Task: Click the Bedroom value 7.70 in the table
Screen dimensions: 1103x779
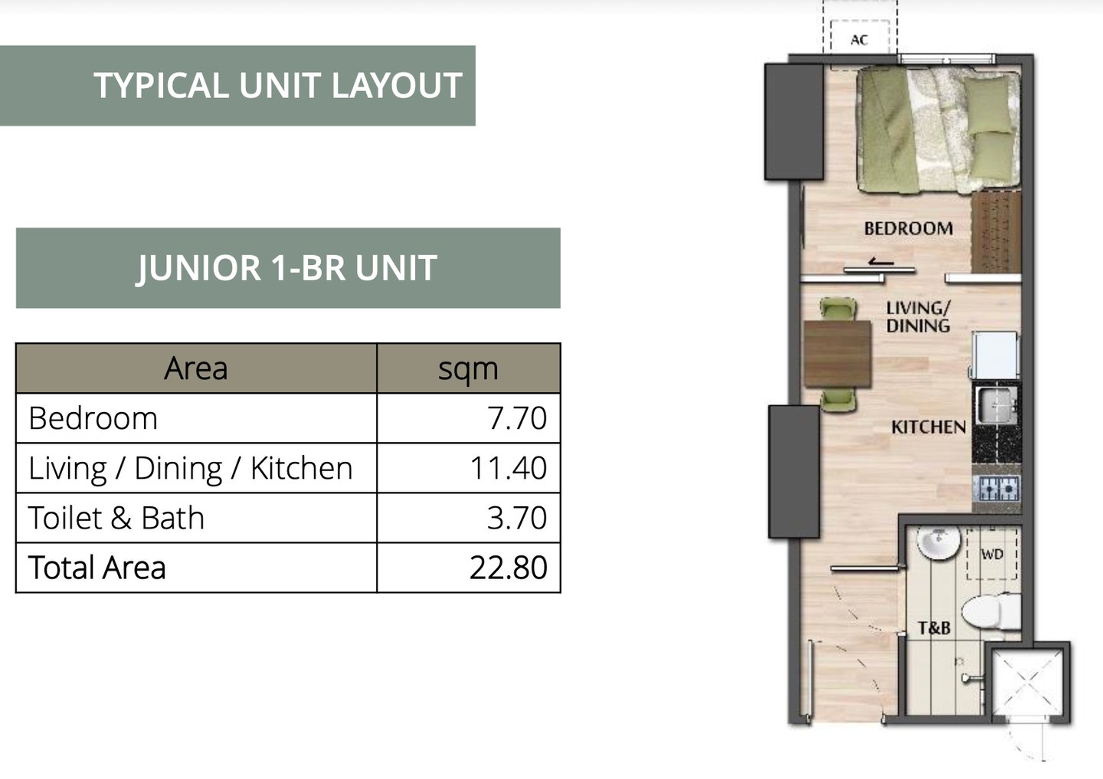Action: click(x=517, y=418)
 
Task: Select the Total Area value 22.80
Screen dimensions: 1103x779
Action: click(x=508, y=568)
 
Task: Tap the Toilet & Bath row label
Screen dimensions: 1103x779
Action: click(x=116, y=518)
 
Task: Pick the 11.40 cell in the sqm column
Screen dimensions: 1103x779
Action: click(x=508, y=468)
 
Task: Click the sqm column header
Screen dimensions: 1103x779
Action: click(x=468, y=369)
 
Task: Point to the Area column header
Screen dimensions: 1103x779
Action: click(x=196, y=368)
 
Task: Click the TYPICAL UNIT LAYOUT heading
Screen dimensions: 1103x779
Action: click(x=278, y=85)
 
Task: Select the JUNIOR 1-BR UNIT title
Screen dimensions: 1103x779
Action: click(x=286, y=268)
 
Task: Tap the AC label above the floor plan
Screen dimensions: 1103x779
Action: click(x=859, y=40)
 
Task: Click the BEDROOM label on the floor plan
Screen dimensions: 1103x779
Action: click(x=908, y=228)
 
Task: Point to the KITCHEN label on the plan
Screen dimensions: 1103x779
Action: click(x=928, y=427)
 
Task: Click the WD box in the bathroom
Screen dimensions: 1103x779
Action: click(x=992, y=555)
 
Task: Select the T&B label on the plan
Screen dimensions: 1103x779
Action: click(x=934, y=628)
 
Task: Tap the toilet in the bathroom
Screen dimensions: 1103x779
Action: click(x=990, y=612)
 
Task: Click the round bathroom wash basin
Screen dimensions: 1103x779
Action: click(x=938, y=542)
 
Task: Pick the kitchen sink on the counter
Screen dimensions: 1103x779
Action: click(x=997, y=404)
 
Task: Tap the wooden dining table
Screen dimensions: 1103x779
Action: click(x=838, y=354)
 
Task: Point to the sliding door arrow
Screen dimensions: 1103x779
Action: click(x=881, y=262)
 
